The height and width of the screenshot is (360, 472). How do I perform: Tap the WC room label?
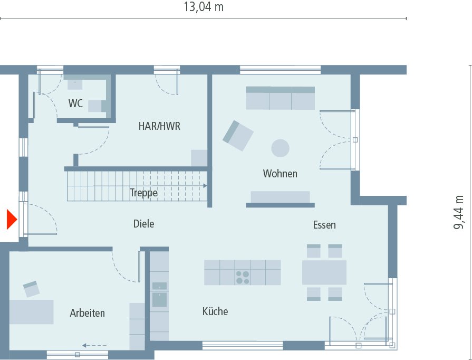(75, 103)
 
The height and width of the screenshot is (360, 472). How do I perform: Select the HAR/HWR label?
(159, 126)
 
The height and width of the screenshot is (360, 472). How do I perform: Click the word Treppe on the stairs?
(143, 193)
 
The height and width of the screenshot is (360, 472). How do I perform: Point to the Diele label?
(143, 224)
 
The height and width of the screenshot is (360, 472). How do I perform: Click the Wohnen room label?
(280, 173)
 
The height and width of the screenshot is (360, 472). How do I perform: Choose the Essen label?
(324, 225)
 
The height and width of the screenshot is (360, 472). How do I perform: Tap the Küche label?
(215, 311)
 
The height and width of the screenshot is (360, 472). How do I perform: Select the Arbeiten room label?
(88, 313)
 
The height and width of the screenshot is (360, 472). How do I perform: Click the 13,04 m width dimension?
(203, 7)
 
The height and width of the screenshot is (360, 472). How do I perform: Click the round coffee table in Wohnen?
(280, 148)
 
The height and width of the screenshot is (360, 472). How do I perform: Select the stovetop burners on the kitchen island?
(243, 277)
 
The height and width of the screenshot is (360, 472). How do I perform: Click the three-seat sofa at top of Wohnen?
(280, 98)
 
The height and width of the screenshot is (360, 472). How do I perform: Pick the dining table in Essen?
(324, 272)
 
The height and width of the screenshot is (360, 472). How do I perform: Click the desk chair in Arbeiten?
(31, 289)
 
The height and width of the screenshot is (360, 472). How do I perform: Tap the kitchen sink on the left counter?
(159, 299)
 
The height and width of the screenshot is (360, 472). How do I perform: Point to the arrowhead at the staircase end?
(204, 186)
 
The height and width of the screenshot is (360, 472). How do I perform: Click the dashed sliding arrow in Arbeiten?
(94, 346)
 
